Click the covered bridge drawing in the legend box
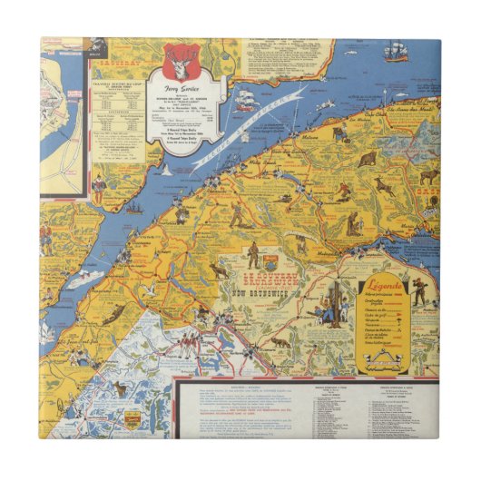[394, 361]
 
